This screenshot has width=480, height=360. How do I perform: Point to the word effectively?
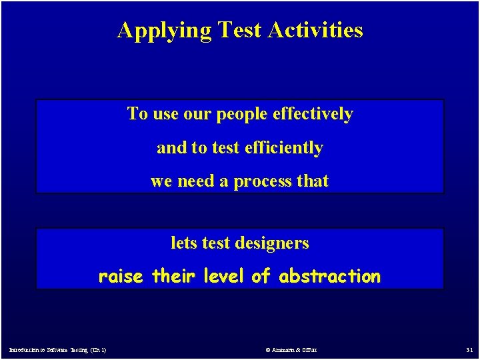tap(313, 114)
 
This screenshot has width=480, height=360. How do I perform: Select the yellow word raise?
tap(121, 276)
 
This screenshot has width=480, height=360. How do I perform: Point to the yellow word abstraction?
tap(330, 276)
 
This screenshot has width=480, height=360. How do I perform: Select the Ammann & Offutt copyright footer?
tap(291, 350)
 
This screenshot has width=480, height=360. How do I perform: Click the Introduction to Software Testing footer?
tap(57, 350)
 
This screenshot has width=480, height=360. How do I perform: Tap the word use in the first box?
tap(166, 115)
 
